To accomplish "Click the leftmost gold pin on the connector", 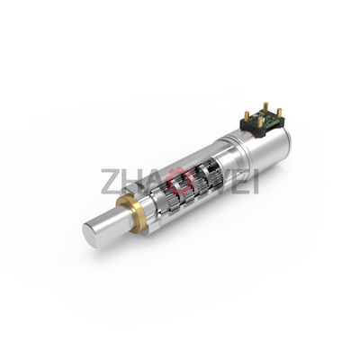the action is pos(247,115).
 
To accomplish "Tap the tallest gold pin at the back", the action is pos(265,107).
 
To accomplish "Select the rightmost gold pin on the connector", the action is pos(278,112).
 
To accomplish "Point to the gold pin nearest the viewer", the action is pos(261,122).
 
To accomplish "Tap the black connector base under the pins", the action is pos(262,126).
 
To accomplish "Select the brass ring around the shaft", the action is pos(132,210).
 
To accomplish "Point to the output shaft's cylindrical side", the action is pos(111,223).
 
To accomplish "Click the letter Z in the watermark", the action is pos(110,181).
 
